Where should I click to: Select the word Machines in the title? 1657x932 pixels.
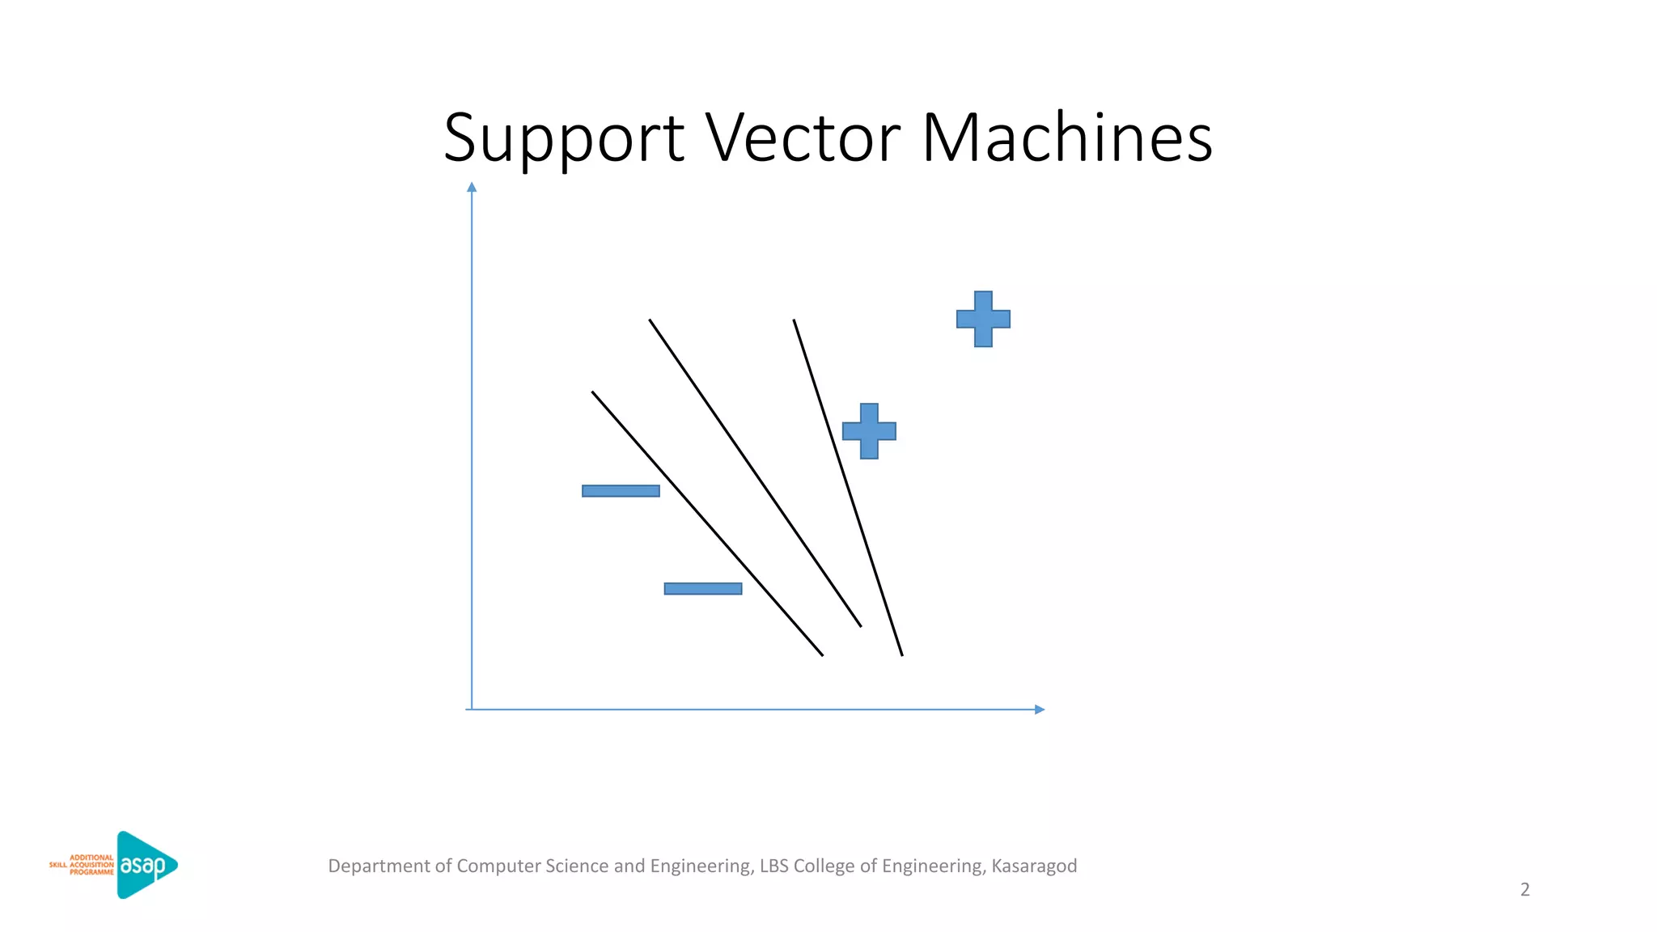tap(1066, 138)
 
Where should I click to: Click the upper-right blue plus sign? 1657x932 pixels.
tap(983, 319)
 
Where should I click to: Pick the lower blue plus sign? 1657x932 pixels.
tap(869, 431)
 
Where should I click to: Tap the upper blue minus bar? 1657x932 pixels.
tap(621, 491)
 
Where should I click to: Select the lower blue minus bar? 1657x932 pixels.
tap(702, 589)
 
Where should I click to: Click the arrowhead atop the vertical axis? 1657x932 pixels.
tap(472, 188)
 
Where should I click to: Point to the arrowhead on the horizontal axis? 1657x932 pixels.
tap(1040, 710)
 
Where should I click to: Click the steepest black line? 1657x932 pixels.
tap(847, 487)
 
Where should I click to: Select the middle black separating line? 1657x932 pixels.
tap(754, 472)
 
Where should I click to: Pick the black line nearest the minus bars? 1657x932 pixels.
tap(706, 523)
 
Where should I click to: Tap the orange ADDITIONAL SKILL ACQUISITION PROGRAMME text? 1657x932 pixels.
tap(83, 865)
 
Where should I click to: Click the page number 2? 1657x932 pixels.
tap(1525, 890)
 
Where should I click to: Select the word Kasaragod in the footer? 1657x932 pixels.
tap(1034, 866)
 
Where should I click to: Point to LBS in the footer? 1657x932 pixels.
tap(773, 866)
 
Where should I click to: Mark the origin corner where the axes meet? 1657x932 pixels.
tap(472, 710)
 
